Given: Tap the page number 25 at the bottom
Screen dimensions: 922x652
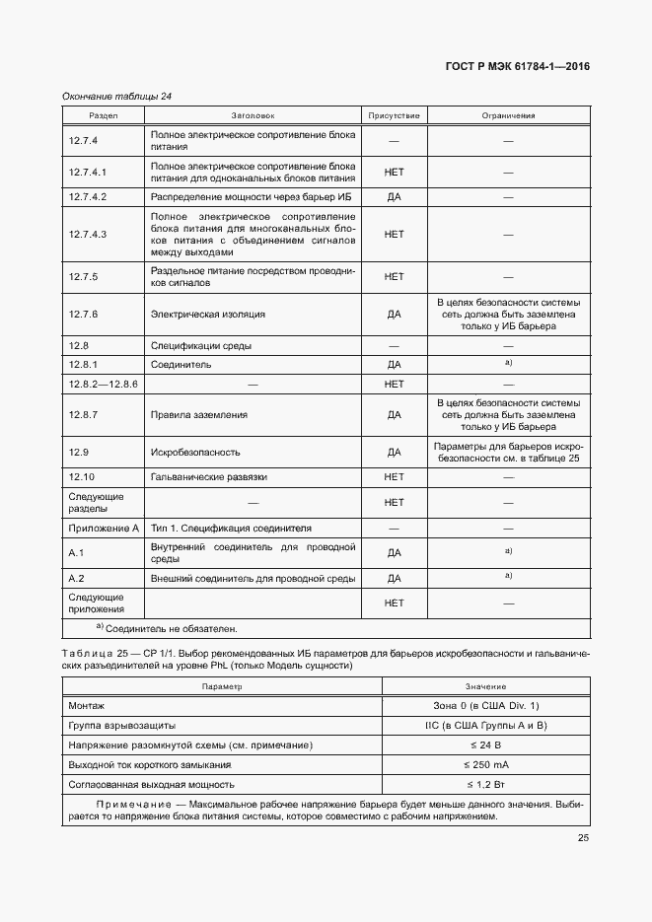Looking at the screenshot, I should [x=583, y=838].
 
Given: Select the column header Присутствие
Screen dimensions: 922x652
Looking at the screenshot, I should [x=394, y=115].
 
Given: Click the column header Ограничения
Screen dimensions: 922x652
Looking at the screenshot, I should [x=508, y=115].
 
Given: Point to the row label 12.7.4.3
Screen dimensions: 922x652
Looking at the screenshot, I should [x=88, y=234].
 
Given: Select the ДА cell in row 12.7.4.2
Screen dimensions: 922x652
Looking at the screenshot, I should [x=394, y=197].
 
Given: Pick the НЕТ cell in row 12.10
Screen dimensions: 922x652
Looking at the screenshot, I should [x=394, y=476].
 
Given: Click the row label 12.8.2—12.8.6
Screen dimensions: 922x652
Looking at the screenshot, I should [x=103, y=384].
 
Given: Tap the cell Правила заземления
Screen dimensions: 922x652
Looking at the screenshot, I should [x=198, y=415].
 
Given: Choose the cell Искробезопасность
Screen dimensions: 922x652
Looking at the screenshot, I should [x=195, y=452].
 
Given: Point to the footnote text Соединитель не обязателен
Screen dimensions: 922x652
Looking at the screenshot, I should [x=172, y=628].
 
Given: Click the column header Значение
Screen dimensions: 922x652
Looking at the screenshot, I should [x=478, y=686].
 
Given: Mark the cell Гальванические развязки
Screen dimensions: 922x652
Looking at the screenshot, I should [x=208, y=476].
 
